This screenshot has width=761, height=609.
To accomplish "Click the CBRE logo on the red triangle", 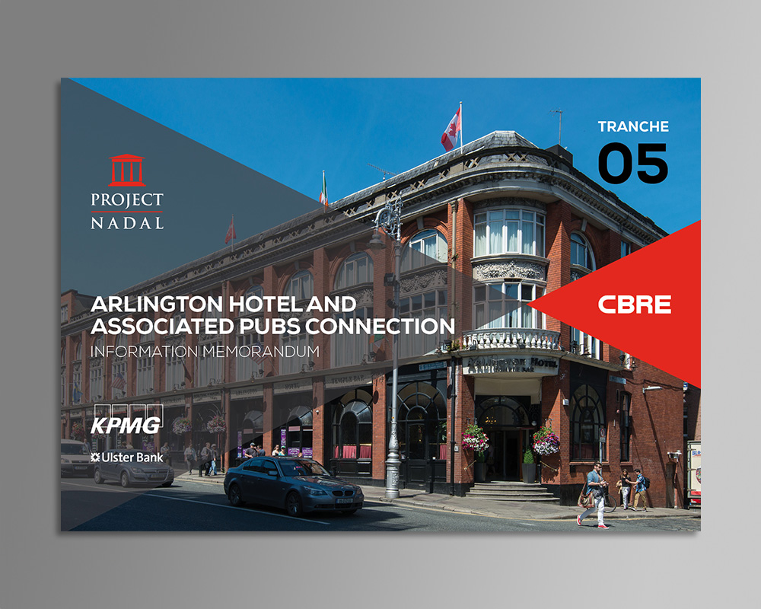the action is pyautogui.click(x=635, y=304).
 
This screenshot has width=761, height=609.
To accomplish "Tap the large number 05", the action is pyautogui.click(x=633, y=163).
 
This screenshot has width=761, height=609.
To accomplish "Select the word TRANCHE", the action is pyautogui.click(x=633, y=126).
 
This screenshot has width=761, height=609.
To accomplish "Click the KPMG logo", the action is pyautogui.click(x=126, y=420).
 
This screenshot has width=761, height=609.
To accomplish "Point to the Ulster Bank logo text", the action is pyautogui.click(x=126, y=457).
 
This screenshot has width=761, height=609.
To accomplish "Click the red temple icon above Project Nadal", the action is pyautogui.click(x=126, y=170).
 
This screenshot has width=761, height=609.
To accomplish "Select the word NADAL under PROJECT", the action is pyautogui.click(x=127, y=223).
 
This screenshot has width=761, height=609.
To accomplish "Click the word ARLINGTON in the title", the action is pyautogui.click(x=156, y=304).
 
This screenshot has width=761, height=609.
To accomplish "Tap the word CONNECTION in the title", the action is pyautogui.click(x=380, y=327).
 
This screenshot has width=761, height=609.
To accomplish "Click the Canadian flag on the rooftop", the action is pyautogui.click(x=451, y=129).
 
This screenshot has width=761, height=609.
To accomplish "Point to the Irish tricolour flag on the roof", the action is pyautogui.click(x=323, y=190).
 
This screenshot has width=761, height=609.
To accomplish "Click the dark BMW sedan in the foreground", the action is pyautogui.click(x=293, y=485).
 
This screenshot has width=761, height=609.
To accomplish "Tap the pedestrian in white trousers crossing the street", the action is pyautogui.click(x=594, y=495).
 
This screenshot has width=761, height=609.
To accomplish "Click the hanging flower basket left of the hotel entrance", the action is pyautogui.click(x=475, y=438).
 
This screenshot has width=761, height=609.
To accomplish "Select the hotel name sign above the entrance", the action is pyautogui.click(x=510, y=365).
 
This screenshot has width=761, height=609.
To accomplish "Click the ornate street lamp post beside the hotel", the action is pyautogui.click(x=392, y=349).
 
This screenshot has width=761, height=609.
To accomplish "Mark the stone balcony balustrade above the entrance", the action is pyautogui.click(x=511, y=339).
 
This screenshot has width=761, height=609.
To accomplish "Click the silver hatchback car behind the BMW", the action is pyautogui.click(x=133, y=471).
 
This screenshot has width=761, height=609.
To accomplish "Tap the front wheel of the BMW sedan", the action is pyautogui.click(x=294, y=504).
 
